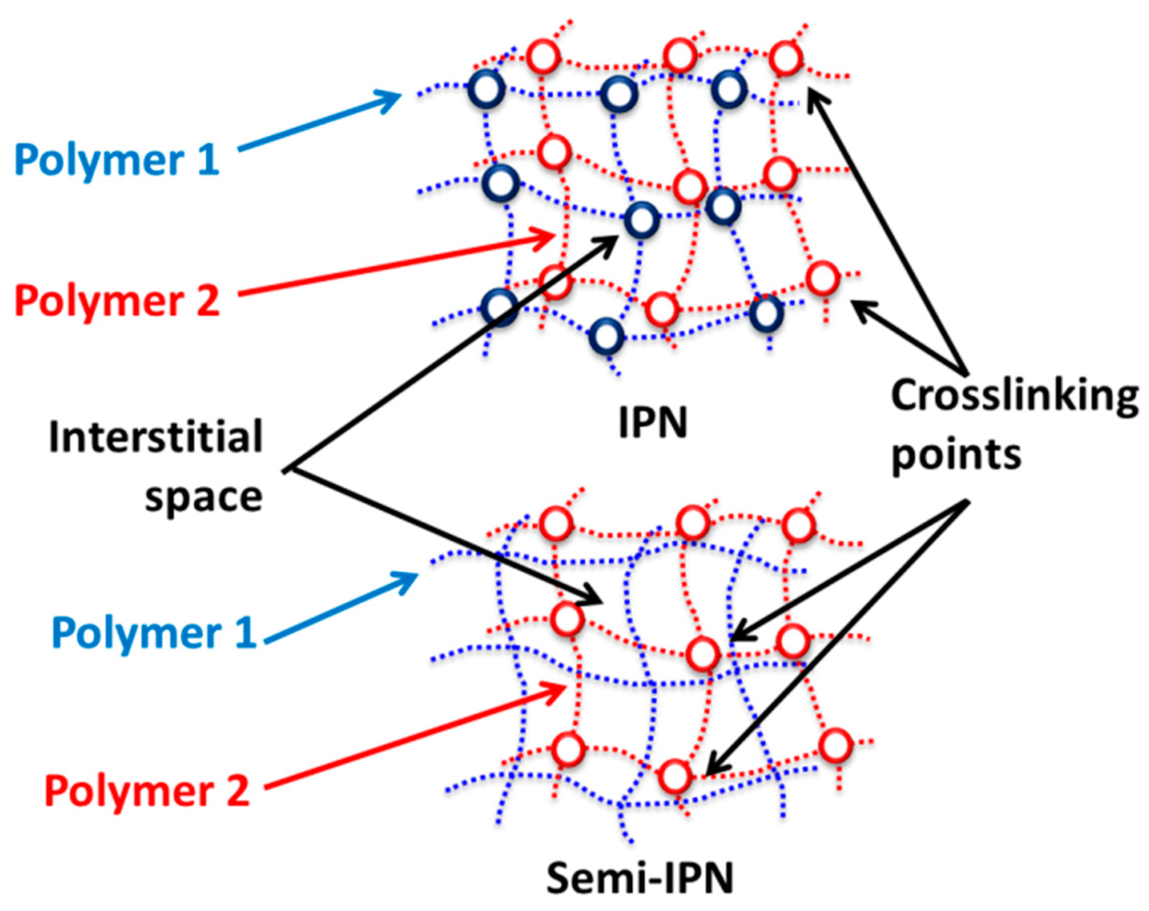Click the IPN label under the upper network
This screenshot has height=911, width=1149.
click(x=652, y=423)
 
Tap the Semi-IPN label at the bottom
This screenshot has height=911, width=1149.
click(x=639, y=878)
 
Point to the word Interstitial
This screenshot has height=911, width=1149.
click(x=156, y=437)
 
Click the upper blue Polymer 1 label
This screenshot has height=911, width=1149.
click(x=117, y=159)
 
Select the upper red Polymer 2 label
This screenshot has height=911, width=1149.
click(x=117, y=301)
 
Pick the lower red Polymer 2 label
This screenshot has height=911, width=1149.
click(x=147, y=791)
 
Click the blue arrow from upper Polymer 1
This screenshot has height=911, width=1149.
click(x=320, y=122)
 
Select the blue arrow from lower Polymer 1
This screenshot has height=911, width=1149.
click(x=341, y=607)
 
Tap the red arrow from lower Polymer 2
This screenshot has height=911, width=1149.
click(x=416, y=735)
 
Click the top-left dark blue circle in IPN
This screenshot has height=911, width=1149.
click(x=486, y=89)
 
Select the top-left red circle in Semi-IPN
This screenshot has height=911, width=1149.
click(x=556, y=523)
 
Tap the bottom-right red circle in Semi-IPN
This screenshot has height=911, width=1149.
click(x=835, y=746)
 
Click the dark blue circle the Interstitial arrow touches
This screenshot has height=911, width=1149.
click(x=641, y=220)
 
